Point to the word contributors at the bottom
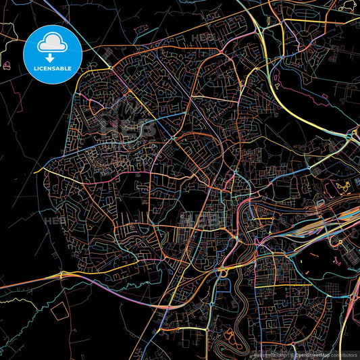pyautogui.click(x=344, y=355)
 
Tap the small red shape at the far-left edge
pyautogui.click(x=7, y=66)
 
